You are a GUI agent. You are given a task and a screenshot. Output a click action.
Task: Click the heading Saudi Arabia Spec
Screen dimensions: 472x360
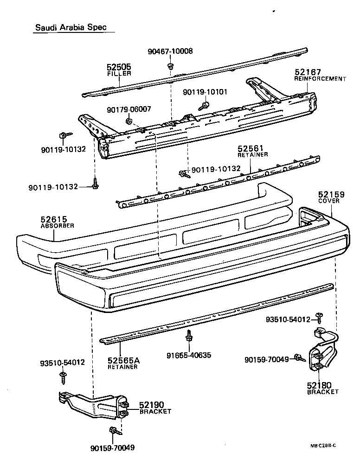tap(71, 27)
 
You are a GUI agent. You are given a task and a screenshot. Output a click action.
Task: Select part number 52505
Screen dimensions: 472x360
tap(119, 67)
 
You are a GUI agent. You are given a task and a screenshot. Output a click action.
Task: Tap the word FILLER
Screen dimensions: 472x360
tap(119, 74)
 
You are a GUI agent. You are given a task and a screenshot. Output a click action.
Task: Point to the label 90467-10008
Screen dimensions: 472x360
tap(170, 51)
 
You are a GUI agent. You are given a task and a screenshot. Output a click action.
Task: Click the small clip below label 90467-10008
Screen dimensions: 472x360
tap(171, 65)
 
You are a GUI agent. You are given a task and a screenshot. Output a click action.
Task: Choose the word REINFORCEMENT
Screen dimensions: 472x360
tap(320, 79)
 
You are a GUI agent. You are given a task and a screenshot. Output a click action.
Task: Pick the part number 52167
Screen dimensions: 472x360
tap(308, 72)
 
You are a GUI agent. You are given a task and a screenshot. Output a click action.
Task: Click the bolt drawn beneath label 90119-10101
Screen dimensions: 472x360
tap(203, 106)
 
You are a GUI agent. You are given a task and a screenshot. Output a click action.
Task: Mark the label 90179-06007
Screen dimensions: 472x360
tap(129, 109)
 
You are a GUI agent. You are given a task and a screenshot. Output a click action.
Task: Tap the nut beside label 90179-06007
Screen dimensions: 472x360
tap(128, 122)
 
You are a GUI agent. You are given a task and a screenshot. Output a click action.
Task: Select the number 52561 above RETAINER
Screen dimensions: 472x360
tap(251, 148)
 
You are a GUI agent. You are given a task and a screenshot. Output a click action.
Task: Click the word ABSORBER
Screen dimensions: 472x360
tap(57, 226)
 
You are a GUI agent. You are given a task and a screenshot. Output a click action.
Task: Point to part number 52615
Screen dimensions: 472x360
tap(54, 219)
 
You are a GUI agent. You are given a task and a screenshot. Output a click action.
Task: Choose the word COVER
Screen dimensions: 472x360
tap(329, 201)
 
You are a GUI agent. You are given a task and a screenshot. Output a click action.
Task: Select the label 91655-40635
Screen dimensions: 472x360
tap(189, 356)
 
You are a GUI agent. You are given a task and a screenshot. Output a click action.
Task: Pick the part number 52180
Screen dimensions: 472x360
tap(320, 385)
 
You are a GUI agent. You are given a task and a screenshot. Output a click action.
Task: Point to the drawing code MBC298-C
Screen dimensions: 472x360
tap(323, 446)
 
